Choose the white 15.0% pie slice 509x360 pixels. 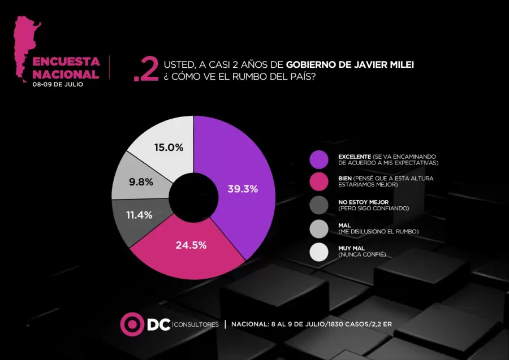coord(164,146)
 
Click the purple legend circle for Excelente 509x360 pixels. coord(319,159)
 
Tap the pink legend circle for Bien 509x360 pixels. coord(319,182)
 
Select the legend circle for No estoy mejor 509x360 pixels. coord(319,205)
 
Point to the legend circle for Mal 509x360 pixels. coord(319,228)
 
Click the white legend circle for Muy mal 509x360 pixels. coord(319,251)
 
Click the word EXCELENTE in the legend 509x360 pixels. coord(354,156)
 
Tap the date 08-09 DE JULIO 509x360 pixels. coord(58,84)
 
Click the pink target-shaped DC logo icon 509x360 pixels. coord(132,324)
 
